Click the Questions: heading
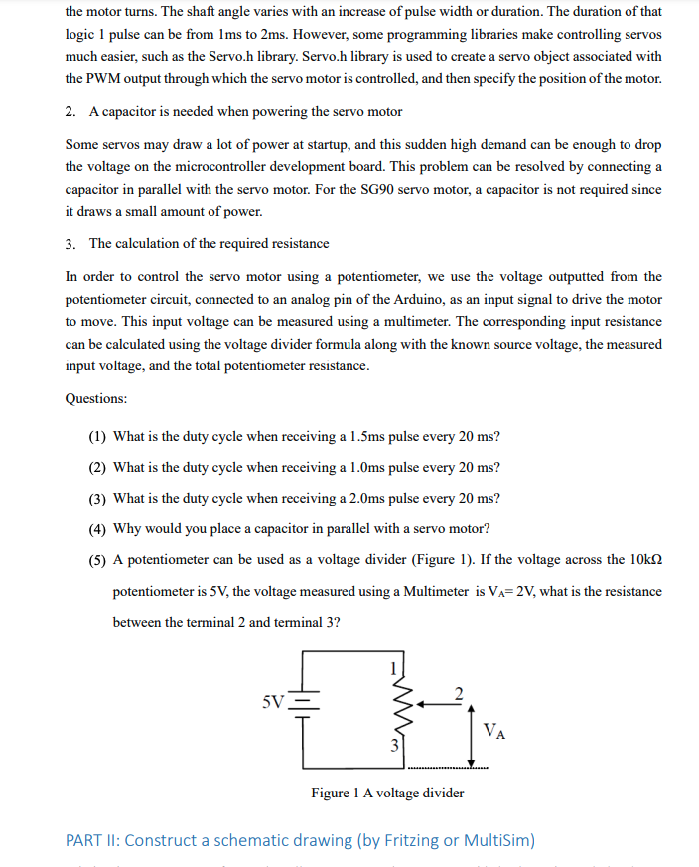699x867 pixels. (96, 398)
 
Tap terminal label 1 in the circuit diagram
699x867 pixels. (393, 665)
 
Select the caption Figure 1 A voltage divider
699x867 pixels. (387, 793)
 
